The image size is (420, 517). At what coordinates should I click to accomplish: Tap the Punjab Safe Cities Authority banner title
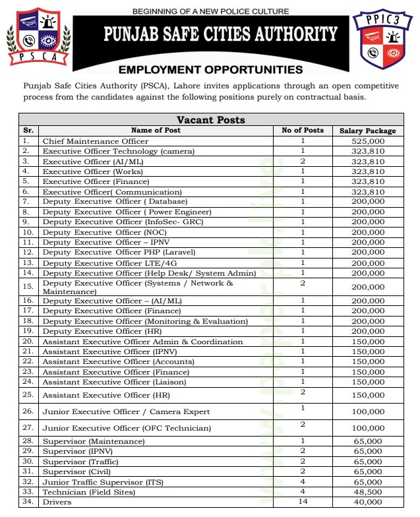pyautogui.click(x=221, y=34)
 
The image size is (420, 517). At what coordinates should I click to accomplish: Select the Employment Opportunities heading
pyautogui.click(x=211, y=70)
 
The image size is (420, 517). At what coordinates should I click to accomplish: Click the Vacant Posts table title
pyautogui.click(x=211, y=120)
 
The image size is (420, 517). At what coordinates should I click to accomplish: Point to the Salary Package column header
pyautogui.click(x=368, y=131)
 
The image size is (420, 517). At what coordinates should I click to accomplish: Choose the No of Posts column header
pyautogui.click(x=303, y=131)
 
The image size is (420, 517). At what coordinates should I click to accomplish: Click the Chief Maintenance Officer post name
pyautogui.click(x=90, y=141)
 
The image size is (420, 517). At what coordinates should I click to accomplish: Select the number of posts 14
pyautogui.click(x=303, y=501)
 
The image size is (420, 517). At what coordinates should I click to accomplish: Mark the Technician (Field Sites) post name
pyautogui.click(x=88, y=492)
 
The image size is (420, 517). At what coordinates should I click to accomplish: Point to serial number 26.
pyautogui.click(x=28, y=411)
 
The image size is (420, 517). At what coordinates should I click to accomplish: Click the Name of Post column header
pyautogui.click(x=156, y=131)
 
